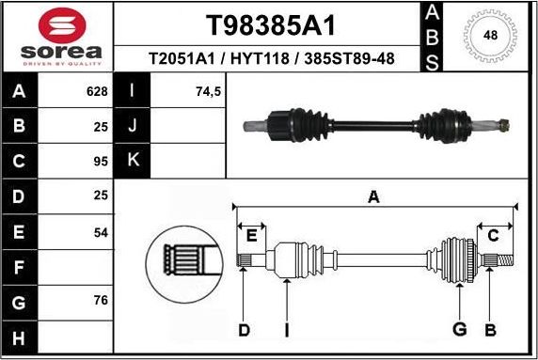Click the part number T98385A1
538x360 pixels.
click(270, 24)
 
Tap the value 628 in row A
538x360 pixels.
click(97, 92)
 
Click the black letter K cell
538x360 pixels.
click(132, 160)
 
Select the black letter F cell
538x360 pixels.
click(19, 267)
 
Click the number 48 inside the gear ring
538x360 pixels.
click(490, 36)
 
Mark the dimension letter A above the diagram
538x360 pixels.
click(373, 196)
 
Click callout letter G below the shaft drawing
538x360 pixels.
click(459, 329)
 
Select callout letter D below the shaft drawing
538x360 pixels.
click(244, 329)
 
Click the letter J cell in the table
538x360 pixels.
click(132, 126)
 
